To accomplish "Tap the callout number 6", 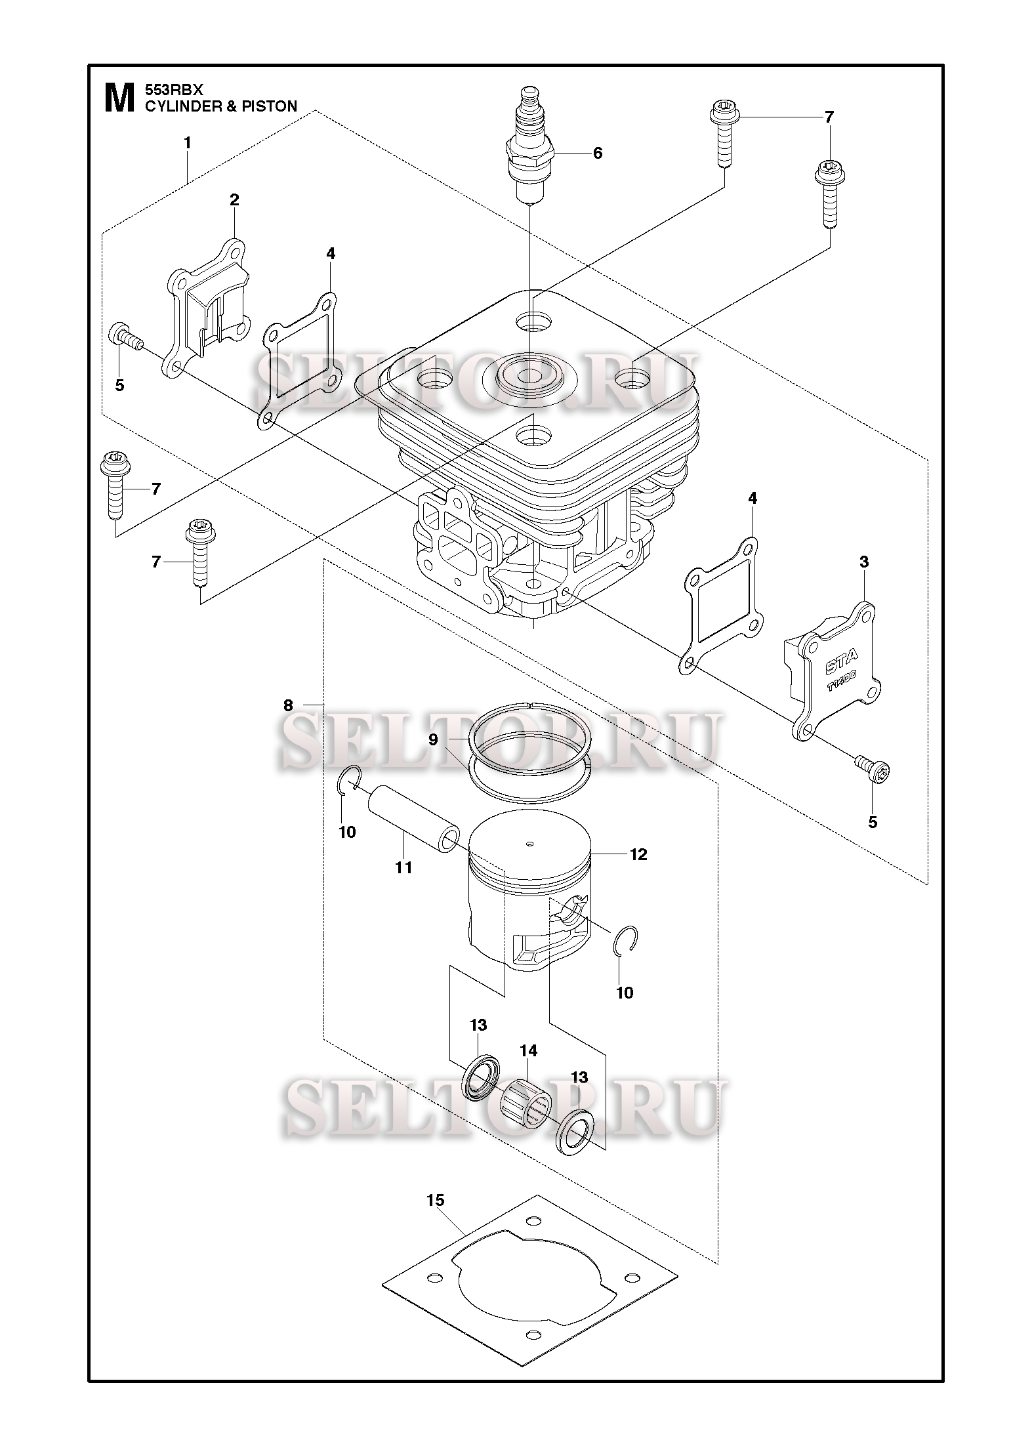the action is (597, 153).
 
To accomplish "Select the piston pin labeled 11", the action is (412, 819).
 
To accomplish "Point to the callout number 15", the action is (435, 1200).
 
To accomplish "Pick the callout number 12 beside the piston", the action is (638, 854).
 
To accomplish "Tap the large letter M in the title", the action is (119, 97).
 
